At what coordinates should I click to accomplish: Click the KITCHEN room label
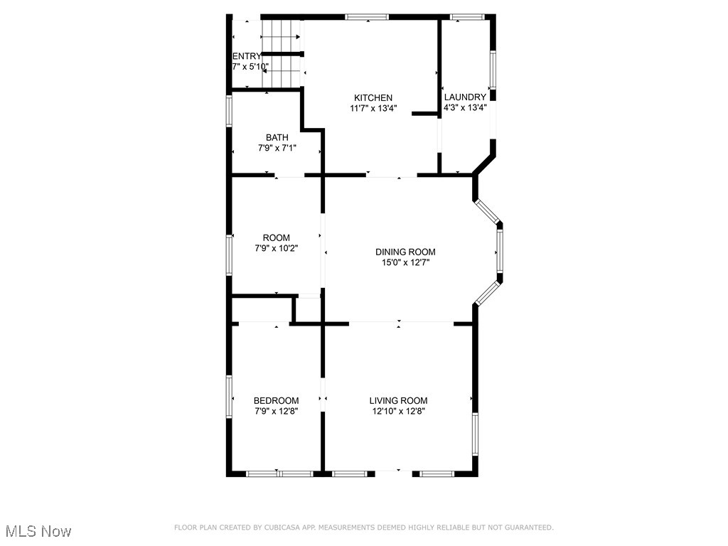(373, 98)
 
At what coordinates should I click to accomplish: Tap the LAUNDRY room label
(465, 97)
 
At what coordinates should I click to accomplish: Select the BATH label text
(277, 138)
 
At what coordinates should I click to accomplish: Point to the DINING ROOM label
(405, 252)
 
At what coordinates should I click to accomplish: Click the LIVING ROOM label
(398, 401)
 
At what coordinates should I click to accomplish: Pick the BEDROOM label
(277, 401)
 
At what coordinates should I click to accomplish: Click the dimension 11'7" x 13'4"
(373, 109)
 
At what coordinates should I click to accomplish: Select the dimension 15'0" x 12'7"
(405, 263)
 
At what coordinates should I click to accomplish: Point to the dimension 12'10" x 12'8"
(398, 411)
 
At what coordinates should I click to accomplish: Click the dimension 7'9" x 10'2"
(277, 249)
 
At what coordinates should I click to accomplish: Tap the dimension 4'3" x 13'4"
(465, 108)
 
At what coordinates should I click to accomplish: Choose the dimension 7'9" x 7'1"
(277, 149)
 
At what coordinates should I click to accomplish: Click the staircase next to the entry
(283, 53)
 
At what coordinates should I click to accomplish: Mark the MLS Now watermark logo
(38, 531)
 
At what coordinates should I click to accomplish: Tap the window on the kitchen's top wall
(367, 17)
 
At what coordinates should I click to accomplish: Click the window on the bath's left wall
(229, 111)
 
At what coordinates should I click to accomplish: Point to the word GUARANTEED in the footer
(528, 528)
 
